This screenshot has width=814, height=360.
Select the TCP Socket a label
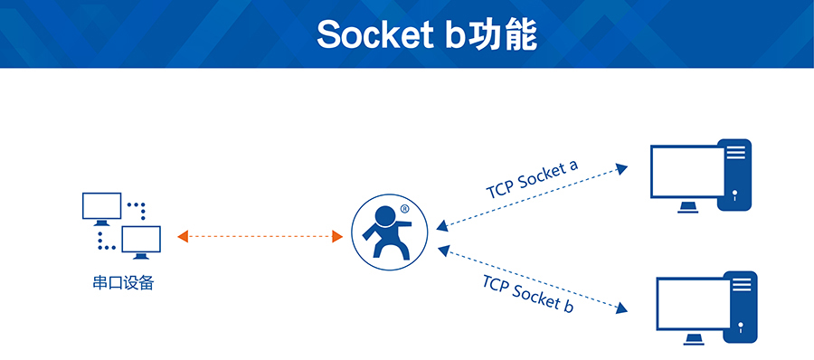(532, 179)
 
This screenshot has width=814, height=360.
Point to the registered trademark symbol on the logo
(403, 209)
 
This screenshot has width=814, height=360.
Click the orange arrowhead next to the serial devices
(183, 236)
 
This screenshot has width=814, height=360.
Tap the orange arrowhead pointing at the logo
(337, 236)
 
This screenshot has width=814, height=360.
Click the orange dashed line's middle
(260, 236)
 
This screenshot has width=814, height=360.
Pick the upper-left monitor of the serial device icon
(101, 206)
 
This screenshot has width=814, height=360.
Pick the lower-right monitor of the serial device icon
(141, 241)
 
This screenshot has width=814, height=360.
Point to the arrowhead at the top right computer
(621, 167)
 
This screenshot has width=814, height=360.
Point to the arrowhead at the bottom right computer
(621, 309)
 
